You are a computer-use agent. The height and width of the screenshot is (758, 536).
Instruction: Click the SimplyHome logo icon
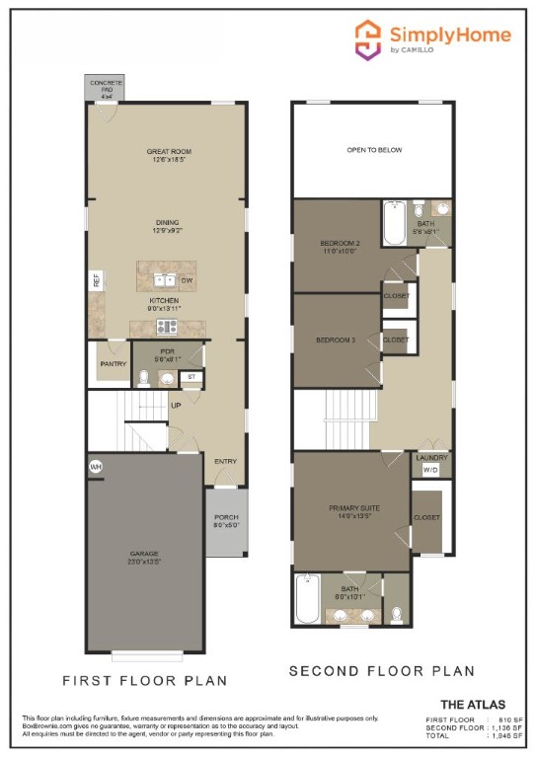tap(368, 39)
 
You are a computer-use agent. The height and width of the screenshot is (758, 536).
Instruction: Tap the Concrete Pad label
tap(106, 88)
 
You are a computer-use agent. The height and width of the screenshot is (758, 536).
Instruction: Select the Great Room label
tap(165, 156)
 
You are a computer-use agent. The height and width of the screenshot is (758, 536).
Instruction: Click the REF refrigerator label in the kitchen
tap(97, 280)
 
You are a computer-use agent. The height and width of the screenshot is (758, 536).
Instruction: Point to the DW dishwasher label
tap(186, 280)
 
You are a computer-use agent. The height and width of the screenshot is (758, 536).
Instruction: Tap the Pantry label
tap(109, 363)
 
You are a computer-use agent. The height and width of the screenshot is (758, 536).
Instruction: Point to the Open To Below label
tap(374, 150)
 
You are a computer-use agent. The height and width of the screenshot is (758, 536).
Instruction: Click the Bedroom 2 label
tap(339, 247)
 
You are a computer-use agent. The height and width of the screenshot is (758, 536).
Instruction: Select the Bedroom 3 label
tap(335, 340)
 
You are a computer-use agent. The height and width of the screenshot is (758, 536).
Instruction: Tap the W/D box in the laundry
tap(430, 470)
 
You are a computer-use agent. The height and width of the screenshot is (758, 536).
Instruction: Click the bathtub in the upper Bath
tap(394, 223)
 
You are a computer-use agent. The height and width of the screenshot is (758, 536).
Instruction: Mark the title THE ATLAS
tap(473, 704)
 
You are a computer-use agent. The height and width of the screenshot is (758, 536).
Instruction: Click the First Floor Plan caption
tap(145, 680)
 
